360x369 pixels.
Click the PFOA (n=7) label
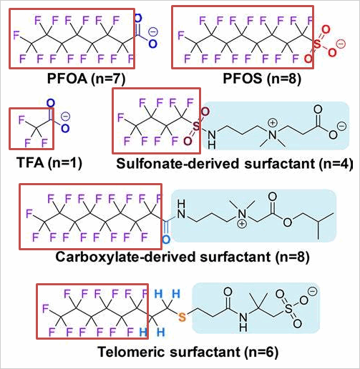pyautogui.click(x=86, y=79)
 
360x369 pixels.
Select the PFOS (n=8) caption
pyautogui.click(x=262, y=79)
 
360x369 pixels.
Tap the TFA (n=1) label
pyautogui.click(x=49, y=163)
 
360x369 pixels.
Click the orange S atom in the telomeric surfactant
pyautogui.click(x=182, y=317)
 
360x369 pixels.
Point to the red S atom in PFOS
pyautogui.click(x=317, y=44)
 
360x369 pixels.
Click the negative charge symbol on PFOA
pyautogui.click(x=153, y=32)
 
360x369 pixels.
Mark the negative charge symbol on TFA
pyautogui.click(x=65, y=117)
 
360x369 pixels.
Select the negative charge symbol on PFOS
pyautogui.click(x=341, y=44)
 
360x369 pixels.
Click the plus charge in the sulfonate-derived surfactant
pyautogui.click(x=272, y=123)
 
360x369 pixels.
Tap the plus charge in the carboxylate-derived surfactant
pyautogui.click(x=242, y=224)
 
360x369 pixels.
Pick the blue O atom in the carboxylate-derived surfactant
pyautogui.click(x=166, y=240)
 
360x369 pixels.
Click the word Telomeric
pyautogui.click(x=132, y=352)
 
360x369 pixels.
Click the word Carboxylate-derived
pyautogui.click(x=126, y=257)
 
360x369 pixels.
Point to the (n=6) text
pyautogui.click(x=261, y=353)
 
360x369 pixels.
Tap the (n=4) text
pyautogui.click(x=336, y=164)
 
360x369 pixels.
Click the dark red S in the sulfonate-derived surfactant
pyautogui.click(x=196, y=126)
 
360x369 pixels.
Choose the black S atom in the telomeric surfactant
pyautogui.click(x=288, y=309)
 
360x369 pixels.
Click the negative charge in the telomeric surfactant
pyautogui.click(x=312, y=292)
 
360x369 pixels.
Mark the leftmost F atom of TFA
pyautogui.click(x=21, y=120)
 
